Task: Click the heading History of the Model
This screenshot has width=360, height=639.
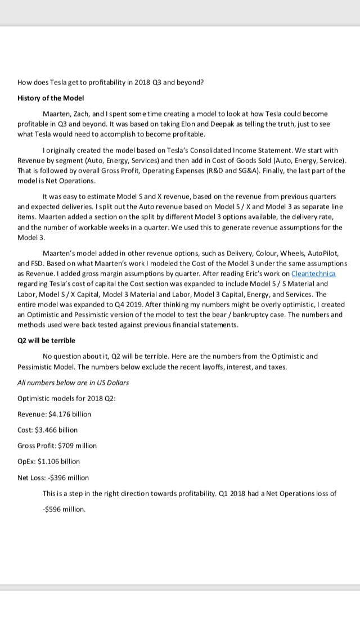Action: (x=51, y=97)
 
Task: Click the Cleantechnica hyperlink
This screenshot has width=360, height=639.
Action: (x=313, y=273)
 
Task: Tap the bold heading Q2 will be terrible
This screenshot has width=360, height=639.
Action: (x=47, y=340)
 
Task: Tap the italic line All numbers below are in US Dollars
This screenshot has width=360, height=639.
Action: (x=73, y=382)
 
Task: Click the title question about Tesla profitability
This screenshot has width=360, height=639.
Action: (x=111, y=82)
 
